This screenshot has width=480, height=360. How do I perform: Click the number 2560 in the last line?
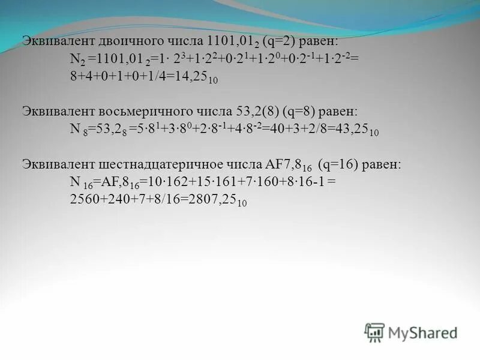coord(83,201)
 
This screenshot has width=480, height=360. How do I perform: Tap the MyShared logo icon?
coord(374,331)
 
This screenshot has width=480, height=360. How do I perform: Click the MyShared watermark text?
coord(423,332)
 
